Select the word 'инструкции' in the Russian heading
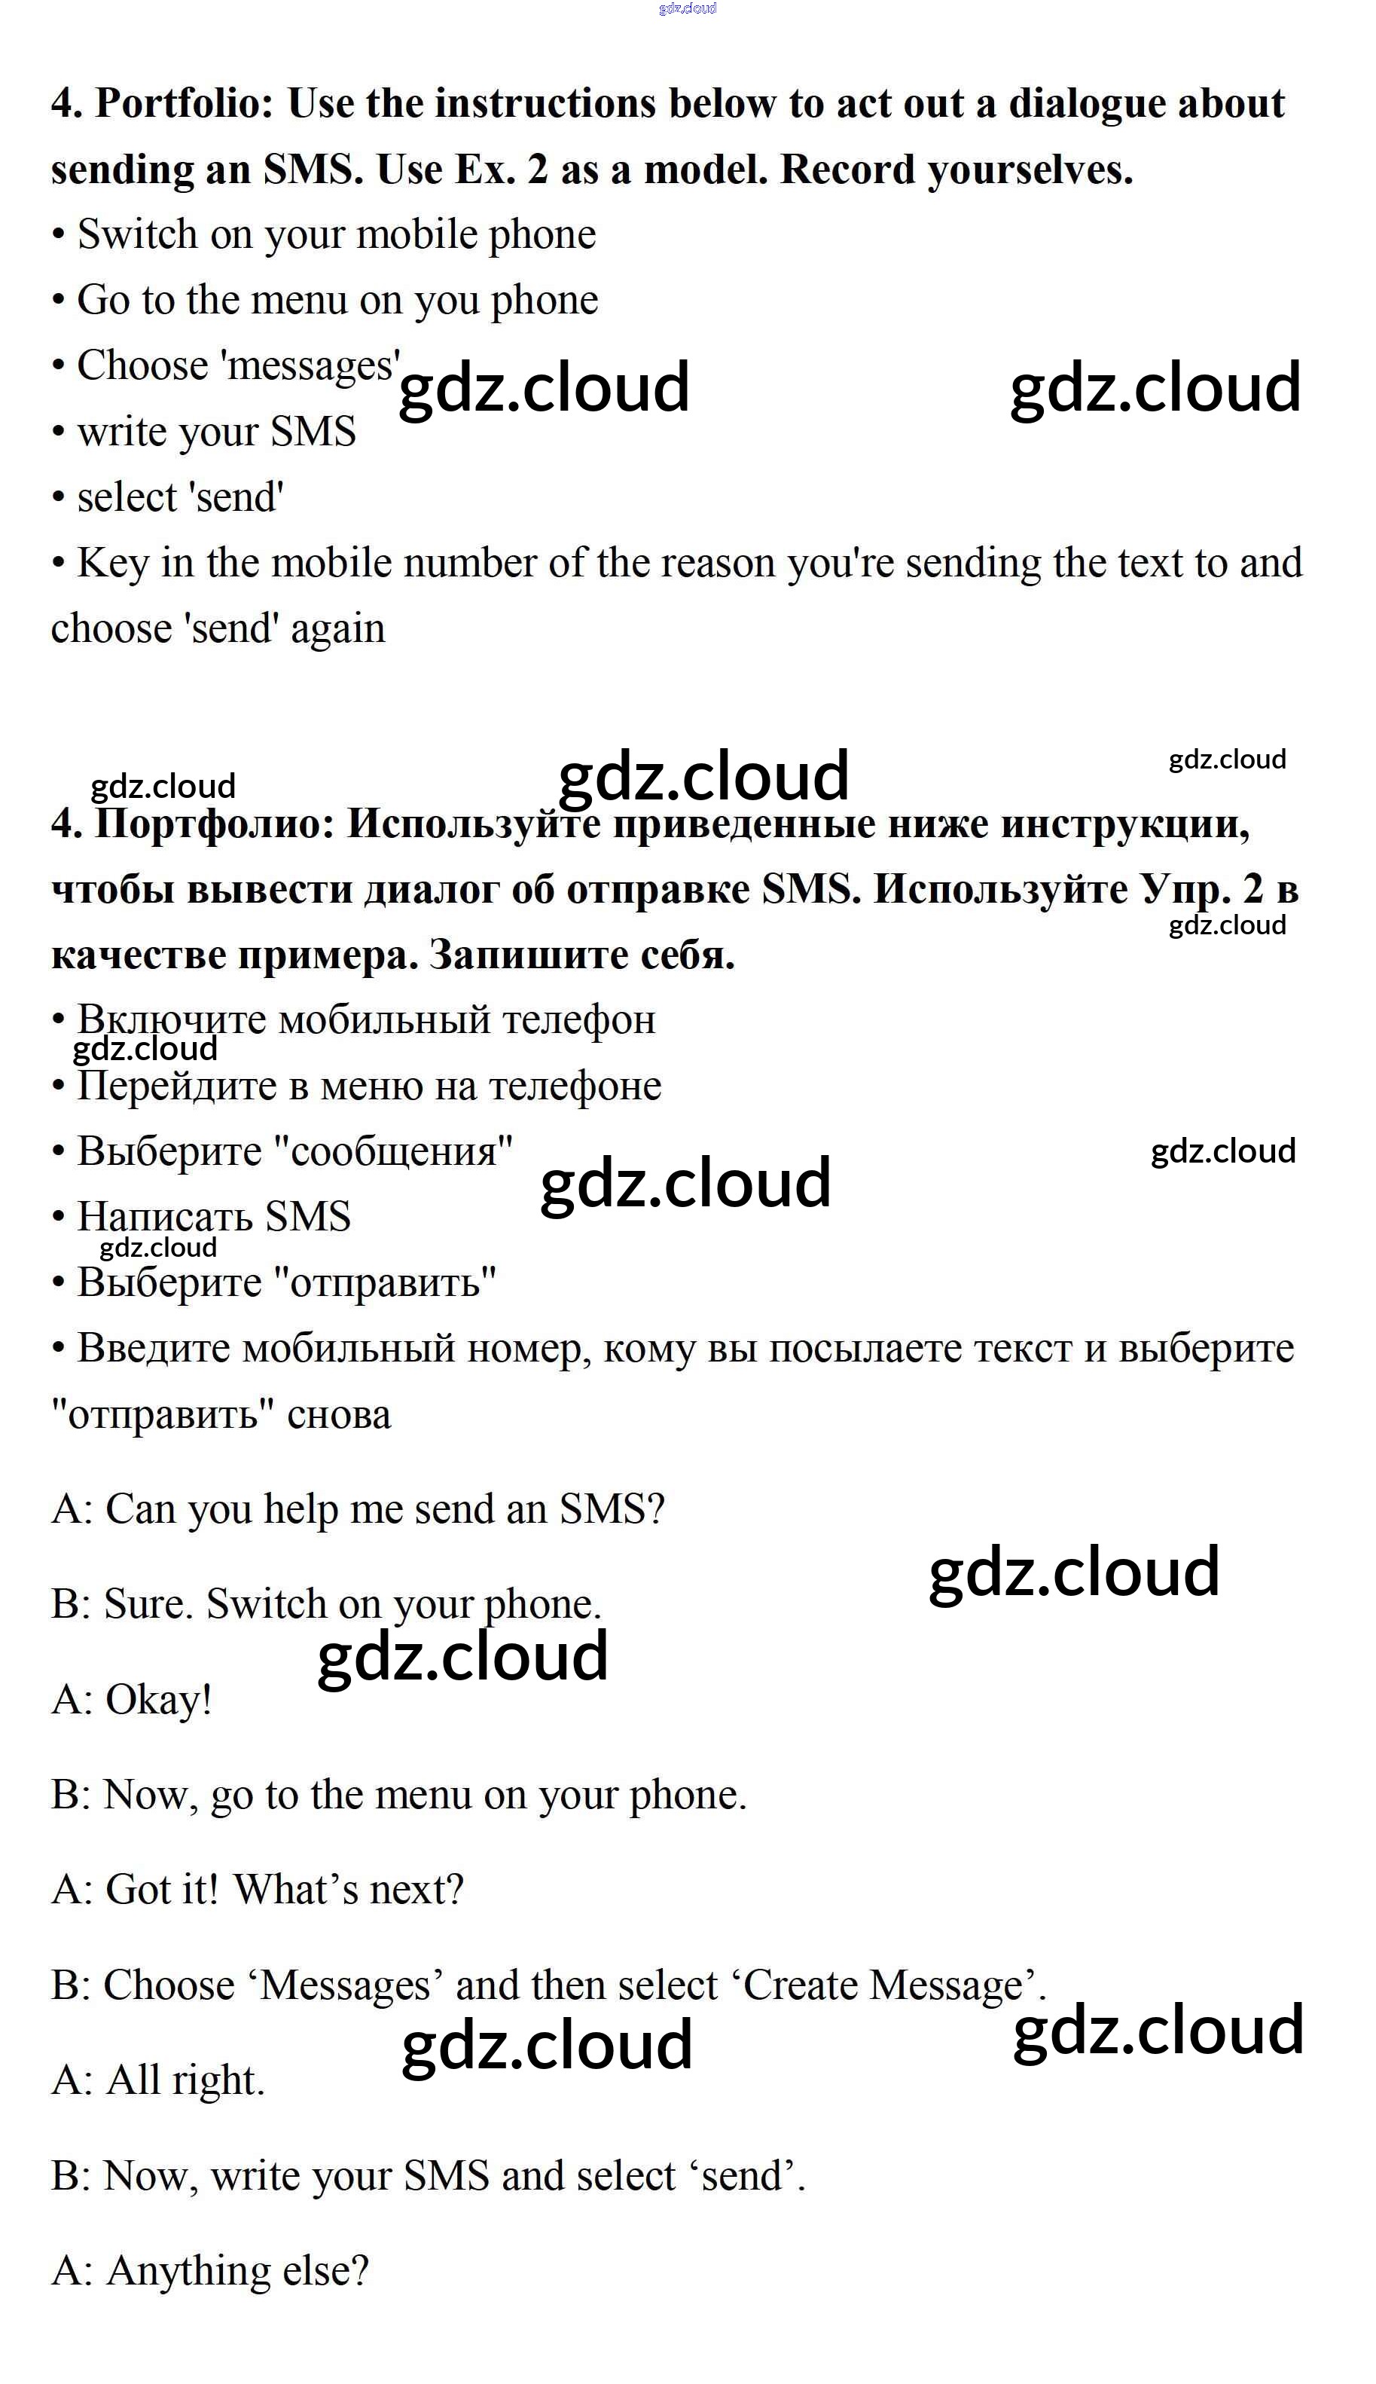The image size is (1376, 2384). [1124, 824]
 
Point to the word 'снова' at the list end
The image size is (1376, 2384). [338, 1415]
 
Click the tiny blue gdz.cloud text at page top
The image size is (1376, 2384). [687, 8]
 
